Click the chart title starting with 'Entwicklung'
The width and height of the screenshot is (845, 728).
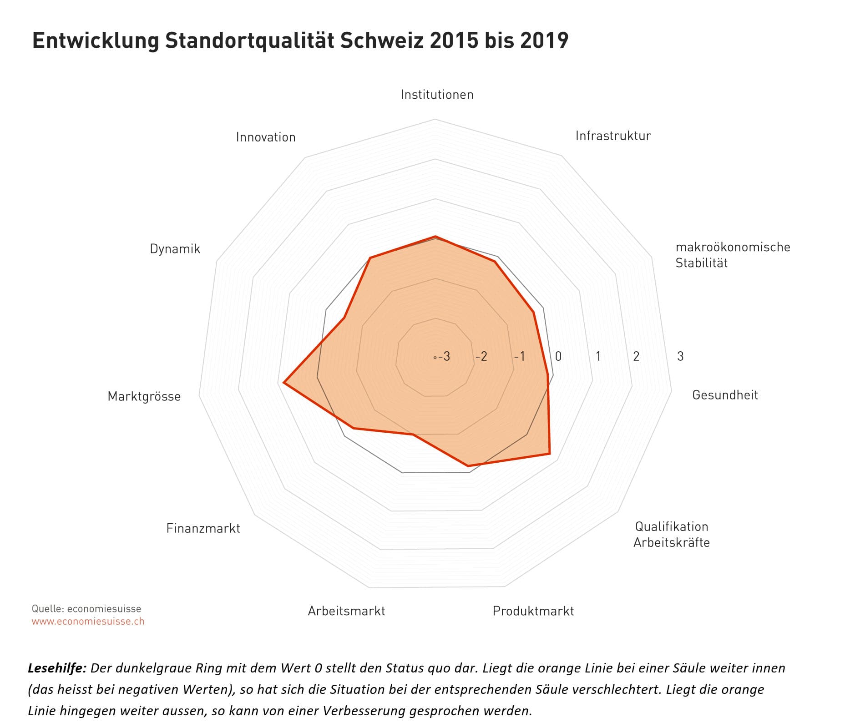[x=300, y=41]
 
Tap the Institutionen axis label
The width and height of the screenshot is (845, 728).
[x=437, y=95]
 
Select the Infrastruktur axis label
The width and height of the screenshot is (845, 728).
[x=613, y=136]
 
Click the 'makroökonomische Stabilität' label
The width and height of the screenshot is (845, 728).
[x=732, y=255]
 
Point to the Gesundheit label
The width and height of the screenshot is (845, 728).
[x=725, y=395]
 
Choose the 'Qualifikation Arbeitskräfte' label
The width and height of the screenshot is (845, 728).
[x=671, y=535]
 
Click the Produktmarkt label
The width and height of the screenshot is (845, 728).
[x=533, y=611]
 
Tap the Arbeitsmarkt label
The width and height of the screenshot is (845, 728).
[x=346, y=611]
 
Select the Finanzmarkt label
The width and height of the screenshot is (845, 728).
[x=203, y=528]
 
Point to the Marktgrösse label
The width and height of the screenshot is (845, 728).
[x=144, y=396]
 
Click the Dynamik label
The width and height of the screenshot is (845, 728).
[x=175, y=249]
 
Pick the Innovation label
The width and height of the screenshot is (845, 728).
[x=266, y=137]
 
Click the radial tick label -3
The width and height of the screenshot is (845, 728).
[x=444, y=356]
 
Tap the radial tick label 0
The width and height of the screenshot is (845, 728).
[x=558, y=356]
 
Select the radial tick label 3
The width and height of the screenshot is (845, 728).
[x=680, y=356]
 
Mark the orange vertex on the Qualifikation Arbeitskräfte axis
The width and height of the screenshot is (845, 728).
[x=550, y=454]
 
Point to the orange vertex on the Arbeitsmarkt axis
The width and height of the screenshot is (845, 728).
[x=413, y=435]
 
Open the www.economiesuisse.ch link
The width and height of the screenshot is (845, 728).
[x=88, y=622]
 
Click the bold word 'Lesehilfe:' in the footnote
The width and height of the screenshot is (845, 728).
[x=57, y=668]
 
